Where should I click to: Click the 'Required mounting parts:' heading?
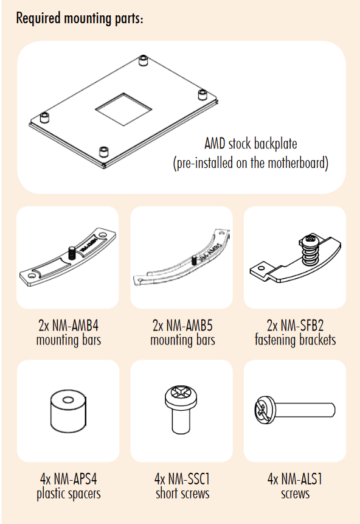tap(80, 18)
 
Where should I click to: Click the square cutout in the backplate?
tap(123, 110)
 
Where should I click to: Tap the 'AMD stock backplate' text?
tap(251, 144)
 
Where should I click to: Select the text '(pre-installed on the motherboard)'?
tap(251, 163)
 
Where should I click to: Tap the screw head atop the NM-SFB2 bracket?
tap(310, 239)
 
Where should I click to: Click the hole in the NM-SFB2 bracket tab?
tap(261, 268)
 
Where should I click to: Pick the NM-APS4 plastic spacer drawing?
tap(68, 411)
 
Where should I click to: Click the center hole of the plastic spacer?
tap(67, 400)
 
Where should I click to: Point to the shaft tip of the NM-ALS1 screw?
tap(333, 410)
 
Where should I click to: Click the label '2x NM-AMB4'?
tap(69, 326)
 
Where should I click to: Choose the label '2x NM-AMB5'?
tap(182, 326)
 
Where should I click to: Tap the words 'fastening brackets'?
tap(295, 340)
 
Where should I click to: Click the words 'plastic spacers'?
tap(69, 494)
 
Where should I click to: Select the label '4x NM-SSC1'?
tap(182, 479)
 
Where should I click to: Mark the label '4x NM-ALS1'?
tap(295, 479)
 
